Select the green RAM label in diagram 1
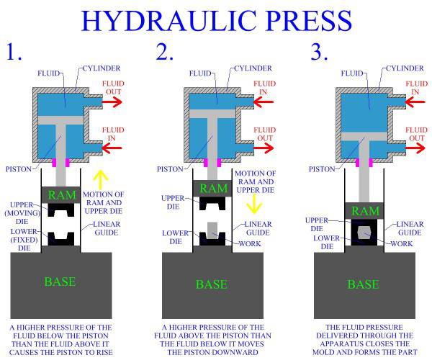[61, 194]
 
